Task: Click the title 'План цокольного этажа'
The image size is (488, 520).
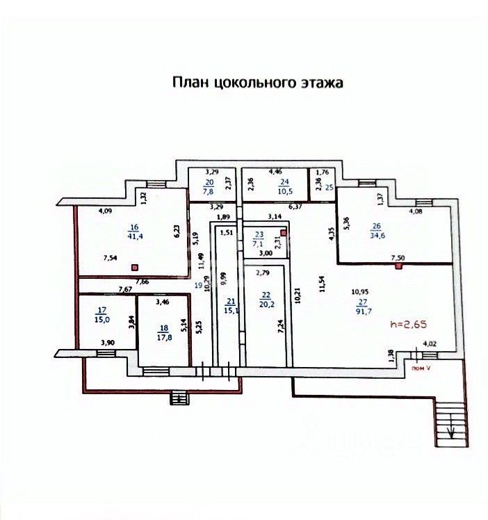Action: tap(258, 83)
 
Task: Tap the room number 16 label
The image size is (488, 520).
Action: tap(133, 227)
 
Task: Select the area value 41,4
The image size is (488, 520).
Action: tap(133, 237)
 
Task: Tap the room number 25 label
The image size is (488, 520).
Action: tap(331, 187)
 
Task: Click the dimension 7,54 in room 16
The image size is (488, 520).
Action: tap(110, 258)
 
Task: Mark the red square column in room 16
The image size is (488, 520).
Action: tap(136, 266)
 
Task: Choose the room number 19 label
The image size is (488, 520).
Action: tap(197, 284)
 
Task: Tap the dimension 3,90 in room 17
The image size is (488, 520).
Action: tap(107, 342)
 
